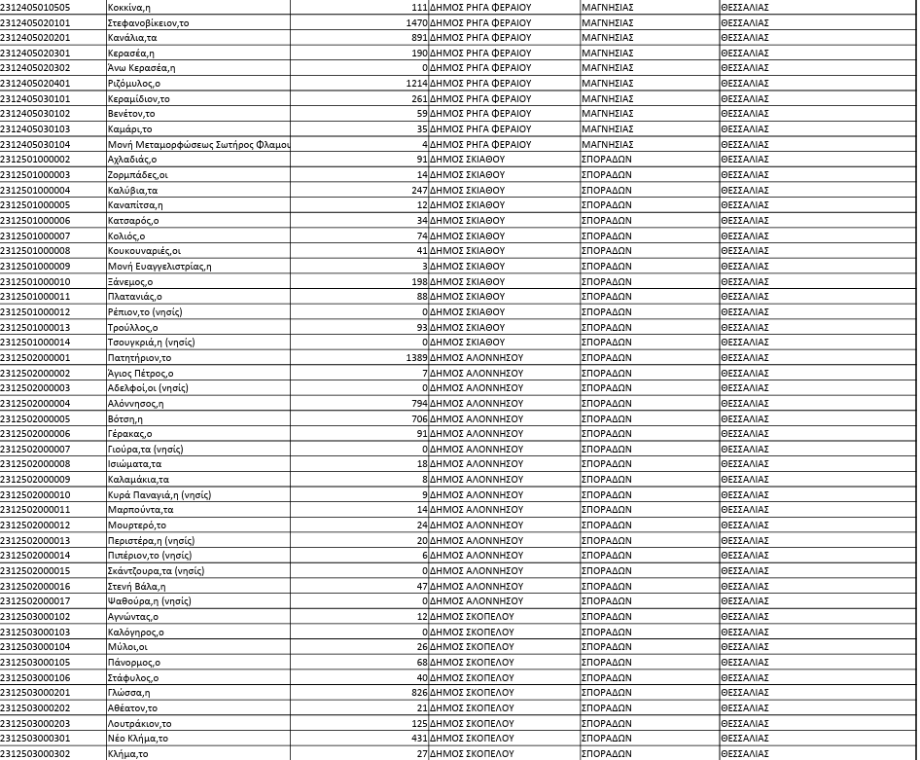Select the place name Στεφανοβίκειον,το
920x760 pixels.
(x=148, y=22)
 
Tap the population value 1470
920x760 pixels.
(x=416, y=22)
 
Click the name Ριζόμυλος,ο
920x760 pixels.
(x=134, y=84)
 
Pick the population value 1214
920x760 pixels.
(x=416, y=84)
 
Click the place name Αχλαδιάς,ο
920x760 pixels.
(x=132, y=160)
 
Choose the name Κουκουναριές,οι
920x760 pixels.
(x=144, y=251)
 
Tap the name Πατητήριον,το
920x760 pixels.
(x=139, y=358)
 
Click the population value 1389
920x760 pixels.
(x=416, y=358)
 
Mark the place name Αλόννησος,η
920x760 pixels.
(x=135, y=404)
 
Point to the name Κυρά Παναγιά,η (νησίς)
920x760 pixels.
(x=159, y=495)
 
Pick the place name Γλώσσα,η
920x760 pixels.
(x=128, y=693)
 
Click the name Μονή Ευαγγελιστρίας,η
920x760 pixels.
(x=159, y=267)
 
